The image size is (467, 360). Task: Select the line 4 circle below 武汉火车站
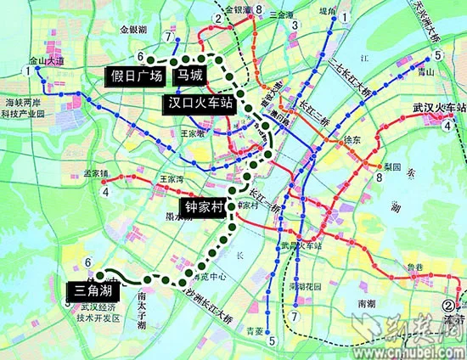pos(446,127)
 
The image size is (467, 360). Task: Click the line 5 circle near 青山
pos(437,57)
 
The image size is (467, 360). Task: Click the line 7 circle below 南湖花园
pos(294,316)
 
